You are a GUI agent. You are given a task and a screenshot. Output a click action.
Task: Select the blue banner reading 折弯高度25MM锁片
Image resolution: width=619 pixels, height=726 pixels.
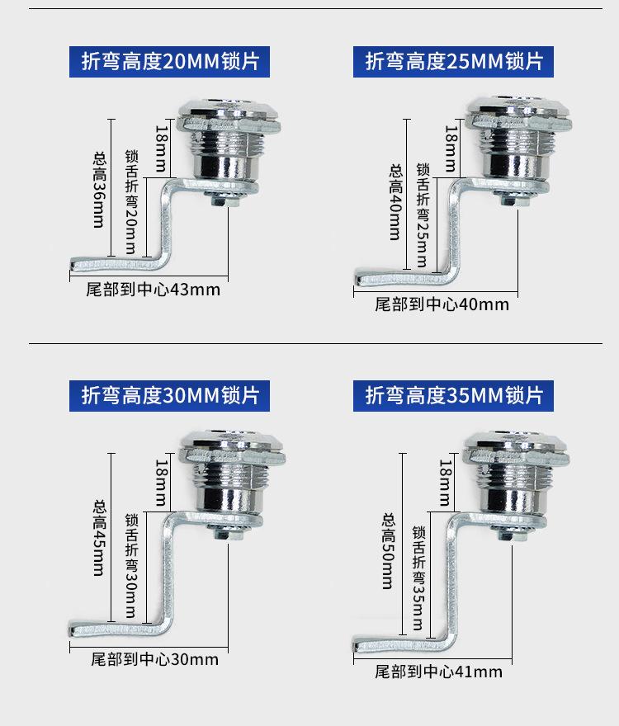[x=455, y=63]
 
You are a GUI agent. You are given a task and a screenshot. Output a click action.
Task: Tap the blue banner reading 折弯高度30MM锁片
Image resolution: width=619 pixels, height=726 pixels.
[x=170, y=395]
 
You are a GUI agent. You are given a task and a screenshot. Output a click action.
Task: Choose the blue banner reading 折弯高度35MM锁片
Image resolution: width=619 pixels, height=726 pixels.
[x=455, y=395]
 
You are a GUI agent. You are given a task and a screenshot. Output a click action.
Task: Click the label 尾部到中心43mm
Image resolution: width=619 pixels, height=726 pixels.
[x=154, y=290]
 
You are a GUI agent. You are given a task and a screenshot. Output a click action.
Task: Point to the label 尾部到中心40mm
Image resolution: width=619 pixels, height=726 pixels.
[x=442, y=304]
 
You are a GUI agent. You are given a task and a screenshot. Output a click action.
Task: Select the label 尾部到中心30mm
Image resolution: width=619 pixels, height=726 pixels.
[x=154, y=659]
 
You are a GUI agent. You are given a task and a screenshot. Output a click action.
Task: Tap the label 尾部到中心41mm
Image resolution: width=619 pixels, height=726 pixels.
[x=438, y=672]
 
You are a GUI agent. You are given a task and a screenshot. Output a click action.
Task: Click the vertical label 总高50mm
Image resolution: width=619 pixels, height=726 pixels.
[x=387, y=552]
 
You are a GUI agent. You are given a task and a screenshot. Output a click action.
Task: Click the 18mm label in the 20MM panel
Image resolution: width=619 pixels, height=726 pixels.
[x=161, y=140]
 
